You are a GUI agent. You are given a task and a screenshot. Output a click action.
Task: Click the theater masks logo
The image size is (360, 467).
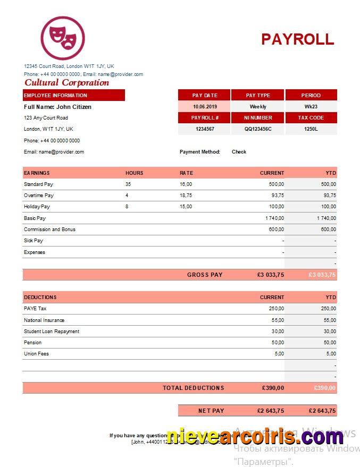(x=63, y=38)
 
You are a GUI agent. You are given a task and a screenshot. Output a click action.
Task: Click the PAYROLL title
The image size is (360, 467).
(x=297, y=39)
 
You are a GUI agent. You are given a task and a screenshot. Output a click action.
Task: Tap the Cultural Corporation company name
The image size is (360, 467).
(x=66, y=82)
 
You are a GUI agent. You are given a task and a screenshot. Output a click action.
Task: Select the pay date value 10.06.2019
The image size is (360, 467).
(x=204, y=107)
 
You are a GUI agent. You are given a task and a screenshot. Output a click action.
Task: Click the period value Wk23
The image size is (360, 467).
(x=311, y=107)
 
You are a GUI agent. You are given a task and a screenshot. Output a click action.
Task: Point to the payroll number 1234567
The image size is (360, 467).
(x=204, y=129)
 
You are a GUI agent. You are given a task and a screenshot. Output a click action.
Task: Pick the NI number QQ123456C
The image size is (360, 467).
(x=258, y=129)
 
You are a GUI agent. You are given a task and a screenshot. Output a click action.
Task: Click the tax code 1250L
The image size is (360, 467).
(x=311, y=129)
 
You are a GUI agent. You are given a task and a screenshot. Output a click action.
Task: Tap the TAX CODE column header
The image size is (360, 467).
(x=311, y=118)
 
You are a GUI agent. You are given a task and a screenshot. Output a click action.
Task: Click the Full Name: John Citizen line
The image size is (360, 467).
(x=57, y=107)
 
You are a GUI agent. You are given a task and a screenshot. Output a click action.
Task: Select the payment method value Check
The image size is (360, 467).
(x=239, y=152)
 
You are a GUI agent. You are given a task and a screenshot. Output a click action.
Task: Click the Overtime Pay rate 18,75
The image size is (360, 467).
(x=186, y=196)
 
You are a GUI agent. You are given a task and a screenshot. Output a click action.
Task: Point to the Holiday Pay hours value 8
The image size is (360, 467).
(x=127, y=207)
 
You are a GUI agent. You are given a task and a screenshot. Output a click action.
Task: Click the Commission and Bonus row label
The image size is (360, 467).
(x=49, y=230)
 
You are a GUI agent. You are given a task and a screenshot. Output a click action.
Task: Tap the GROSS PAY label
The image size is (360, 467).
(x=205, y=275)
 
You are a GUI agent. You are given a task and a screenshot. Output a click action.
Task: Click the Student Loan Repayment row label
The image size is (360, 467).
(x=52, y=332)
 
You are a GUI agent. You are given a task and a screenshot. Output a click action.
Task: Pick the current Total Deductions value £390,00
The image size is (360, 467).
(x=273, y=388)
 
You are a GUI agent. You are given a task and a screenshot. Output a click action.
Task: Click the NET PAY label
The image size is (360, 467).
(x=211, y=411)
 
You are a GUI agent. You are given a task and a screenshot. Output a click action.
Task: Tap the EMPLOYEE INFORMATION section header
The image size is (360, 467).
(x=55, y=96)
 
